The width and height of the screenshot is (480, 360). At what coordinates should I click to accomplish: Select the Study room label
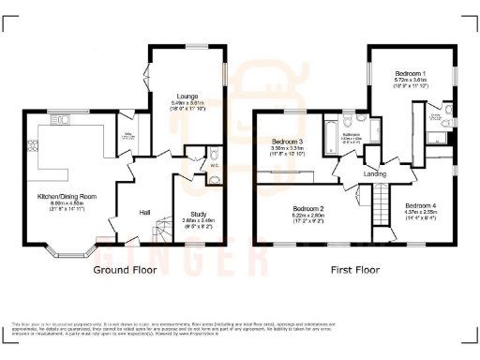(198, 214)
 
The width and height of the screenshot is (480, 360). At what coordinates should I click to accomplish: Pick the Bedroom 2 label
(307, 208)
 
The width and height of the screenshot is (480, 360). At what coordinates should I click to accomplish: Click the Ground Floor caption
(127, 271)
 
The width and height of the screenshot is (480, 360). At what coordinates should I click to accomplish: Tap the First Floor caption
(357, 271)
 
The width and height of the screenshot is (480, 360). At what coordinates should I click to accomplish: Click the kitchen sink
(65, 119)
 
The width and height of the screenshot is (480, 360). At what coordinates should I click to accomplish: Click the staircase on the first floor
(382, 201)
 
